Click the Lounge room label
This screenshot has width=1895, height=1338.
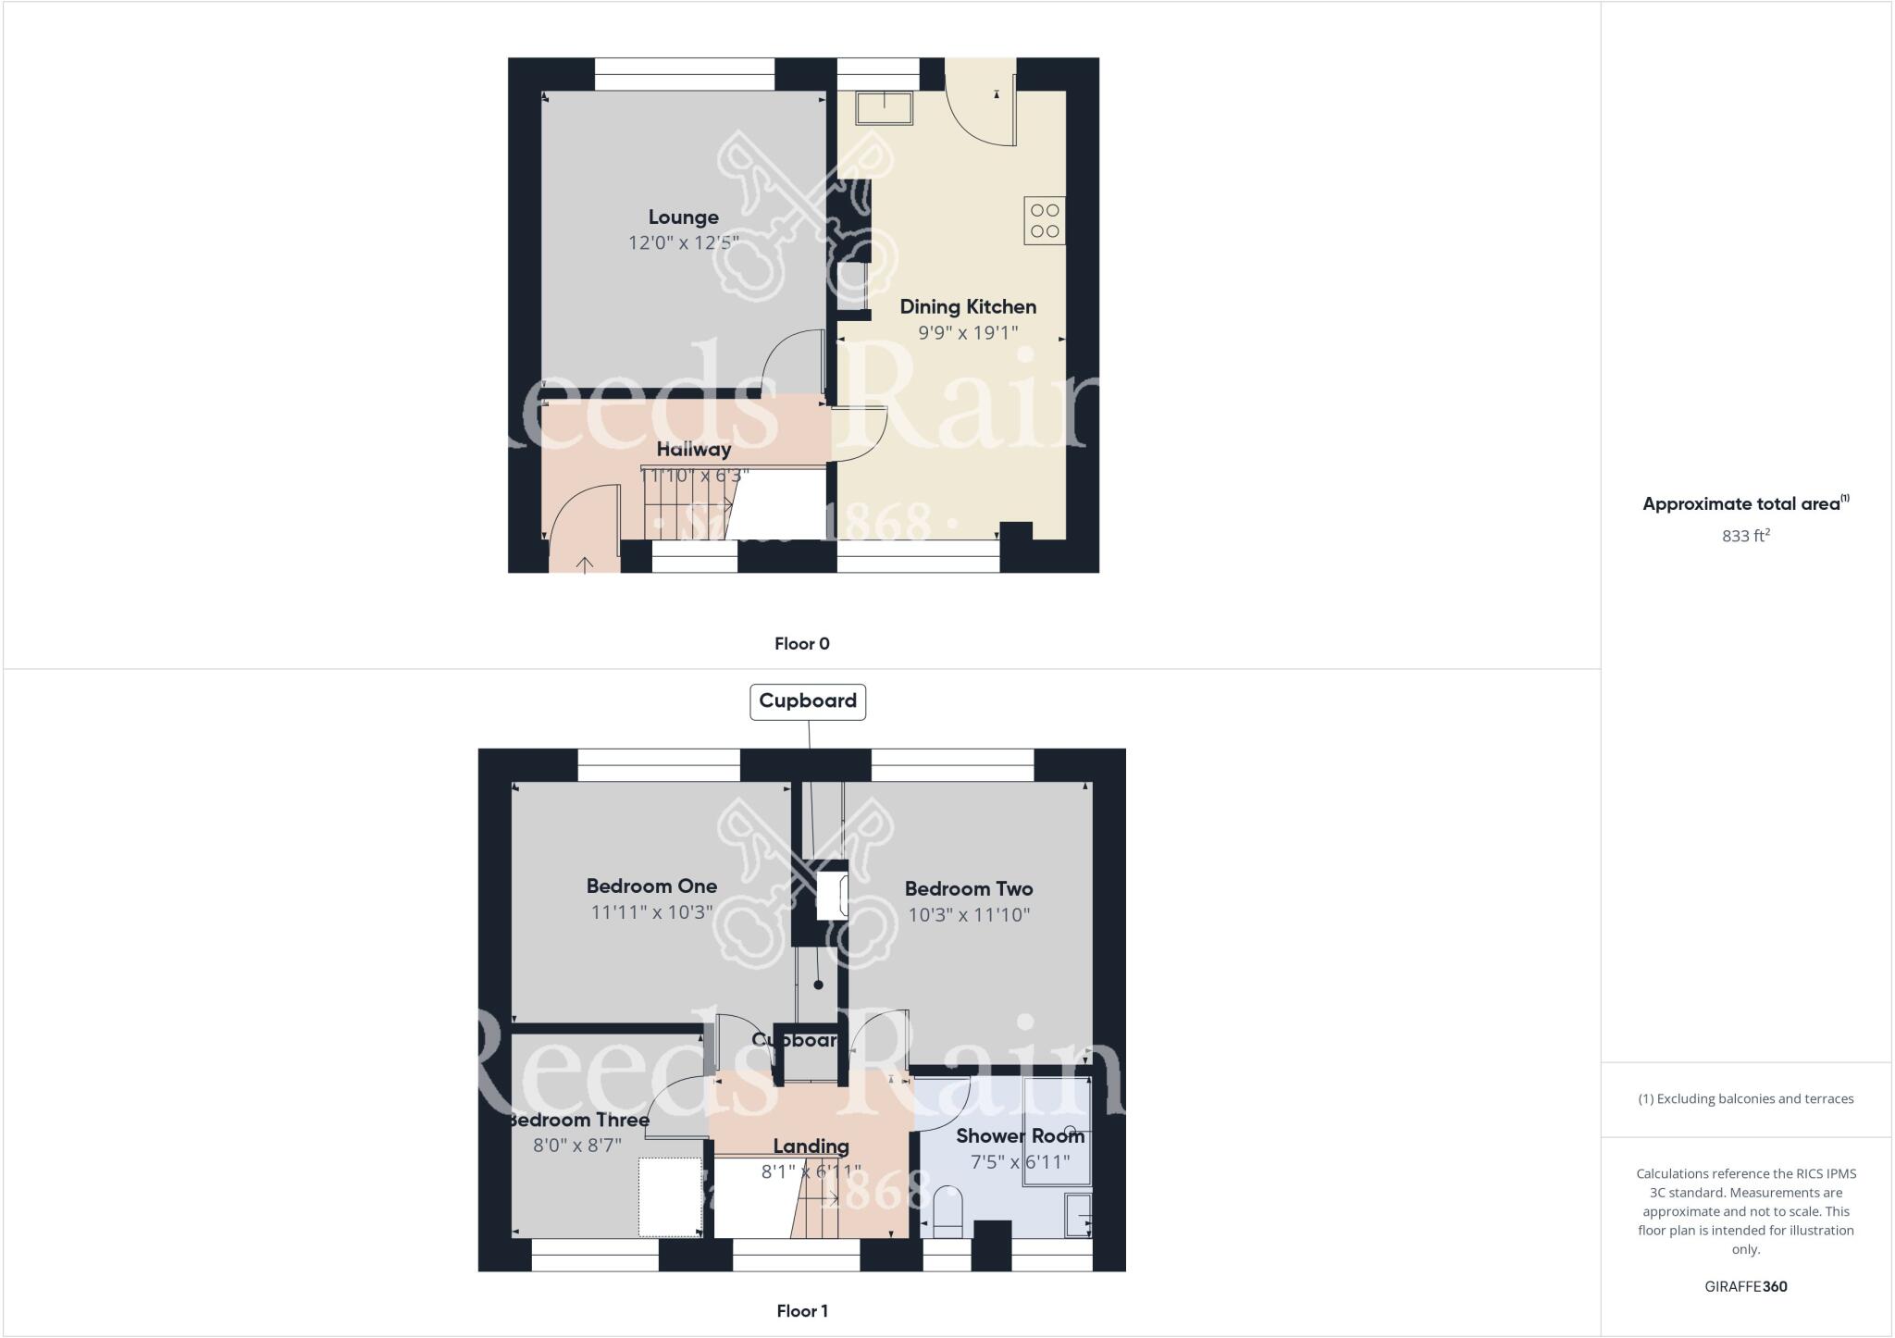683,217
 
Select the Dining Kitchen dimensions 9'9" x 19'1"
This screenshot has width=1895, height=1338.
968,333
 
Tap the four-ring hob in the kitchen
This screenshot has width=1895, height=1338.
1044,220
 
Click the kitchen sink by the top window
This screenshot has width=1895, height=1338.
884,107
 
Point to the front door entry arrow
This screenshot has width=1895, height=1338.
585,564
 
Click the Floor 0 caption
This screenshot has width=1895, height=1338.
801,644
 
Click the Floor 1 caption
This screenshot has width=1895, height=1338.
801,1311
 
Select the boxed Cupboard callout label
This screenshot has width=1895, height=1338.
807,701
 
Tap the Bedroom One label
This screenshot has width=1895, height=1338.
651,886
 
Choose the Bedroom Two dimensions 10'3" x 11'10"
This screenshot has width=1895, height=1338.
968,915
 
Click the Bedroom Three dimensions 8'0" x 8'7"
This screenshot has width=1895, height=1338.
577,1146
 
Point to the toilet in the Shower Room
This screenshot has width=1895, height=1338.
948,1212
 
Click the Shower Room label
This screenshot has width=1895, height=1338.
1020,1136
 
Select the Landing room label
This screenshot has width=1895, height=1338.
811,1147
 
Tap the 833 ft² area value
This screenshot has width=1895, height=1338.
1745,536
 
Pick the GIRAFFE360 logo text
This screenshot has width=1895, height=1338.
1745,1286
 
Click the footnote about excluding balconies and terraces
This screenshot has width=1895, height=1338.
1745,1099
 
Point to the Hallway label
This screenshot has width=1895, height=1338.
694,450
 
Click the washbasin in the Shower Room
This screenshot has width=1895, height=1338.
1078,1215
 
